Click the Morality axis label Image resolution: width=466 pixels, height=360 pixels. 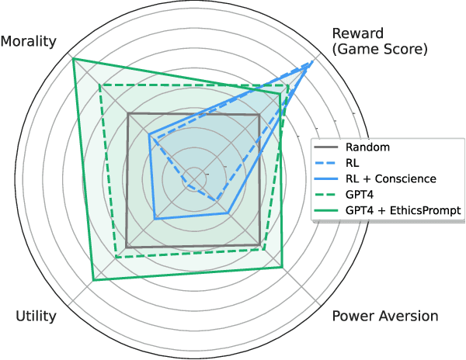(33, 40)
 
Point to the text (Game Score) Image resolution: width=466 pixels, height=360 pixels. (380, 50)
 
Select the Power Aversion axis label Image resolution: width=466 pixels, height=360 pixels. (384, 316)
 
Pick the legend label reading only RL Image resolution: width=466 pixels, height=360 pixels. (353, 162)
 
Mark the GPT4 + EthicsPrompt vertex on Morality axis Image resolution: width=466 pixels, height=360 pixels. (72, 59)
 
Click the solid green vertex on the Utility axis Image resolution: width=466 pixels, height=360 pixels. (93, 279)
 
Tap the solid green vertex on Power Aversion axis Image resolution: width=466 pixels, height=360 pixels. (282, 268)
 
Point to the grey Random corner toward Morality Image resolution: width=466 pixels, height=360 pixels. (128, 114)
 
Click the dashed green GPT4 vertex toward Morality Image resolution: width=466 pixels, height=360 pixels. (100, 85)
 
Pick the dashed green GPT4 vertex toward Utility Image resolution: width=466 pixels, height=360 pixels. (116, 257)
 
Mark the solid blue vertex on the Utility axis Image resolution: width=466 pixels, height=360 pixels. (155, 219)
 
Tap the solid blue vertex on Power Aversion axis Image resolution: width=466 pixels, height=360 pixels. (228, 213)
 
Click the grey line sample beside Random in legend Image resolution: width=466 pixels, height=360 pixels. (328, 147)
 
